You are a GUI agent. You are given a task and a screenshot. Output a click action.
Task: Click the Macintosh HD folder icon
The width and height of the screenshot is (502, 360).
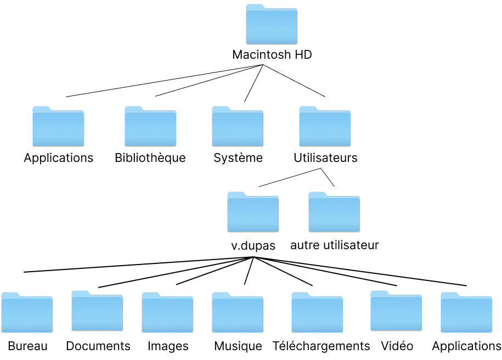click(272, 25)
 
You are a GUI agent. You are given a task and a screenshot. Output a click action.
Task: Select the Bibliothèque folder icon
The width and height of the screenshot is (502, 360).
click(150, 127)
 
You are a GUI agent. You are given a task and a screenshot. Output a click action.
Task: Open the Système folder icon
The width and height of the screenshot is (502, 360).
click(238, 127)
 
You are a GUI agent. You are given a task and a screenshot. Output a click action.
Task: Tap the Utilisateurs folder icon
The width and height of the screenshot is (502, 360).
click(325, 127)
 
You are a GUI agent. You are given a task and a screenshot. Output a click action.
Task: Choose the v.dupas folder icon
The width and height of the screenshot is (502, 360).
click(253, 213)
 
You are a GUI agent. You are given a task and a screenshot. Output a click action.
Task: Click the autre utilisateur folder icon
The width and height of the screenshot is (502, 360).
click(334, 213)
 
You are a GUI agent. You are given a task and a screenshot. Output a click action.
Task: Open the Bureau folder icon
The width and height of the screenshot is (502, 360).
click(27, 313)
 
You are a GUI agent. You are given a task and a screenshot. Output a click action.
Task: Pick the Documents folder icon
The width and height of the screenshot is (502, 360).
click(97, 312)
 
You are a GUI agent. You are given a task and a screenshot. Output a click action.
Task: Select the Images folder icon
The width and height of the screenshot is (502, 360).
click(167, 313)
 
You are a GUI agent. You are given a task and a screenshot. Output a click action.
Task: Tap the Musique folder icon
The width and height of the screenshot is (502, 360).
click(238, 313)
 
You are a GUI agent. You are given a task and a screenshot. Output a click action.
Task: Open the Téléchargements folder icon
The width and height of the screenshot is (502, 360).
click(317, 313)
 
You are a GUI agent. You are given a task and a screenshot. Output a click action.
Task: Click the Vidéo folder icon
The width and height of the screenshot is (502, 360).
click(396, 312)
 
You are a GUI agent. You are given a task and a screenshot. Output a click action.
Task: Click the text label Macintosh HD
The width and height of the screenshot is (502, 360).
click(272, 55)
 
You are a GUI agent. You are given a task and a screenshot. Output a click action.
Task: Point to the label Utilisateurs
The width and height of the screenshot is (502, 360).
click(325, 158)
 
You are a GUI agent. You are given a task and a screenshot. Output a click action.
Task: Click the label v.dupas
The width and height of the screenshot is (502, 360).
click(253, 245)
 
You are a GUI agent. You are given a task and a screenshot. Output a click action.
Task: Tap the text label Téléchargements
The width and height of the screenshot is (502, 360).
click(321, 346)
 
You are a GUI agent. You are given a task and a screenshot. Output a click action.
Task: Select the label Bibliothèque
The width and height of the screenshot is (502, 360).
click(150, 158)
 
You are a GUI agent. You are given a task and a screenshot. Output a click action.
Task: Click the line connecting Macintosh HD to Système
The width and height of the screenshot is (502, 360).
click(254, 83)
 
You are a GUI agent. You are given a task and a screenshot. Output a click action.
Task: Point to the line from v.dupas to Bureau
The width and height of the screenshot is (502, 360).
click(137, 265)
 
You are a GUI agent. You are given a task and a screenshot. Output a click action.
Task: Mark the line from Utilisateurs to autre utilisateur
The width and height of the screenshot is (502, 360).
click(328, 177)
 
